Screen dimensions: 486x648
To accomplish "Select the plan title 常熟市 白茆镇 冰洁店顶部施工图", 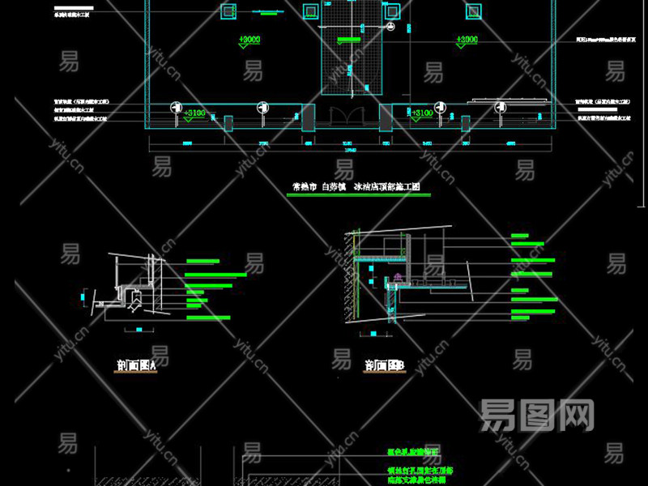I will tap(356, 187).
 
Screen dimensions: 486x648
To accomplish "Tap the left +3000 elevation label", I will tap(249, 39).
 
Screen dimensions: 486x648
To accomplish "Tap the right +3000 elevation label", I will tap(467, 39).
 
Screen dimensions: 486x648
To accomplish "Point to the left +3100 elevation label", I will tap(195, 113).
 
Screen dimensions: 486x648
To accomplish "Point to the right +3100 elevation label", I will tap(422, 113).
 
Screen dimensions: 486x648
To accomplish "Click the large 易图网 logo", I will tap(537, 415).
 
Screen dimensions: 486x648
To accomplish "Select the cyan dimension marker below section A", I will tap(139, 330).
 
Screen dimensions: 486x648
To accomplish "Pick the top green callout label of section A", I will tap(202, 261).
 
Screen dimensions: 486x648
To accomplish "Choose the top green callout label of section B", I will tap(527, 237).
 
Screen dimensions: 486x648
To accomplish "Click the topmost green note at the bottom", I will tap(413, 452).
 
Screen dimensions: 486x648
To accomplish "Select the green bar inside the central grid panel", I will tap(352, 36).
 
